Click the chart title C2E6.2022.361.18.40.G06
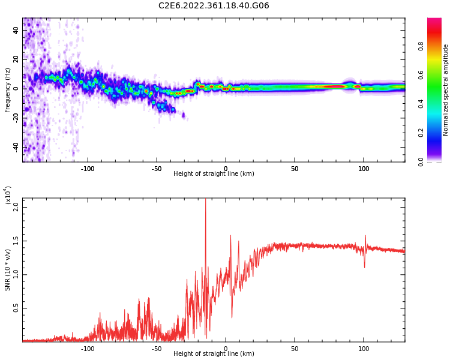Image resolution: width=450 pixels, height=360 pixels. (x=214, y=5)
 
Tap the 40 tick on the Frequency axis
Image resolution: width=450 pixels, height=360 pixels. (x=17, y=29)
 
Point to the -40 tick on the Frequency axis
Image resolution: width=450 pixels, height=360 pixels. (x=17, y=147)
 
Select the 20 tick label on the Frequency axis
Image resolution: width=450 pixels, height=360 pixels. (x=17, y=59)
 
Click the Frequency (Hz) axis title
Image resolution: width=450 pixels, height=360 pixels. (x=8, y=90)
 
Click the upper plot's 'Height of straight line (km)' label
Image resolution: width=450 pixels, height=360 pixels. (x=214, y=174)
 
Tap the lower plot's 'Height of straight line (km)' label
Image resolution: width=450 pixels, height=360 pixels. (x=214, y=354)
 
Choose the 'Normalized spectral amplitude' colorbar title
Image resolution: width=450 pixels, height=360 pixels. (x=446, y=90)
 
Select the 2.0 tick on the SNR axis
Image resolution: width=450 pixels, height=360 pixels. (x=17, y=207)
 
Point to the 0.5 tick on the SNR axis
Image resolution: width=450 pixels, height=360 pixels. (x=17, y=308)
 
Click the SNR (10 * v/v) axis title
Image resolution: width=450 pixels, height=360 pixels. (x=8, y=270)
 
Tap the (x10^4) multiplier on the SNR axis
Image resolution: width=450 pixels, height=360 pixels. (x=8, y=195)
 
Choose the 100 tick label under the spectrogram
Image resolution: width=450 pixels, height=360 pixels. (x=364, y=169)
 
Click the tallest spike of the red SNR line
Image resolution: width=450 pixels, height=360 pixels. (x=205, y=200)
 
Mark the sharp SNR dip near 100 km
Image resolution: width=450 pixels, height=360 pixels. (x=364, y=266)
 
